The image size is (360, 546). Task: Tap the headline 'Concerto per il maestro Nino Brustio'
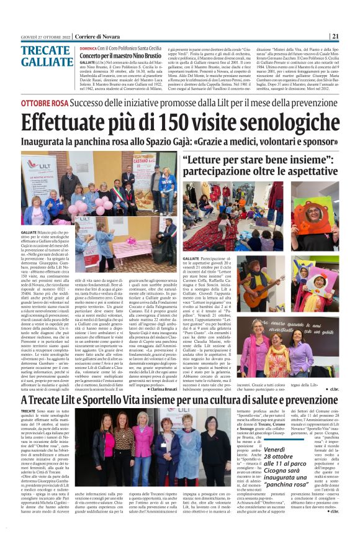(x=124, y=56)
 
